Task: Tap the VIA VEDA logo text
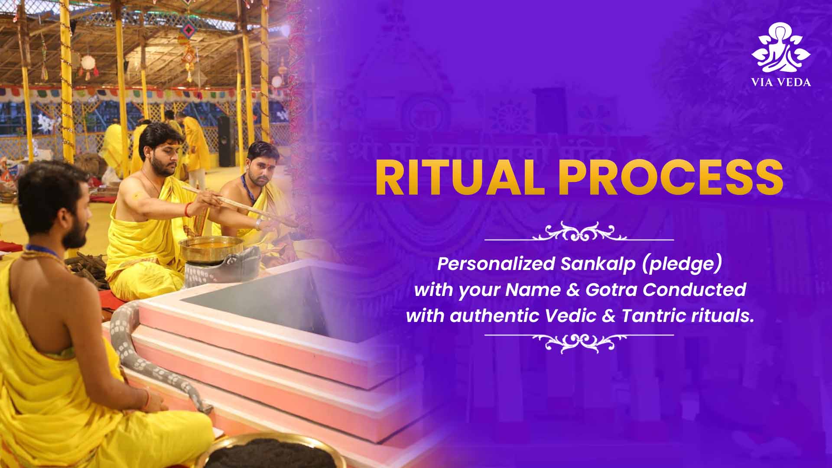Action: pyautogui.click(x=781, y=82)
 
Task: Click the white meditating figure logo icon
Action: pyautogui.click(x=781, y=48)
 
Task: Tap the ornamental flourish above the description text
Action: pyautogui.click(x=579, y=232)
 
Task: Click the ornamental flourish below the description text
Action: pyautogui.click(x=579, y=342)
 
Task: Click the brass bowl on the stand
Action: pyautogui.click(x=211, y=248)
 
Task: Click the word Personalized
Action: pyautogui.click(x=496, y=263)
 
